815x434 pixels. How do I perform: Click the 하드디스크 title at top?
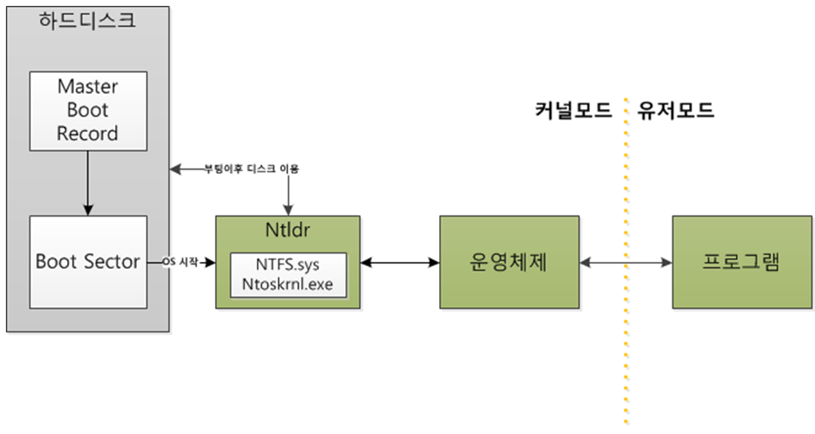coord(87,20)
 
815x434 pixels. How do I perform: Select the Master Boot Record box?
coord(87,110)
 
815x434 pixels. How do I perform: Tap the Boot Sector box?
coord(87,261)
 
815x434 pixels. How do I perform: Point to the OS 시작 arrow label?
coord(180,262)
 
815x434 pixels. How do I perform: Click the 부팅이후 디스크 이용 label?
coord(252,169)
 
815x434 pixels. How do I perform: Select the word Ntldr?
coord(288,229)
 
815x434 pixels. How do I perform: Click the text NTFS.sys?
coord(287,265)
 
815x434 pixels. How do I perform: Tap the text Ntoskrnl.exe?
coord(288,284)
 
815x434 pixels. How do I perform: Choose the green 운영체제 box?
coord(509,262)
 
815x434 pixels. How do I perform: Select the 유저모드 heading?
coord(676,110)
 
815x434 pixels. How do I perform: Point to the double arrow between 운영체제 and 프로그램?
coord(625,263)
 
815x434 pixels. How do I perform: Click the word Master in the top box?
coord(87,86)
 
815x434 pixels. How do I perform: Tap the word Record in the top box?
coord(87,133)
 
